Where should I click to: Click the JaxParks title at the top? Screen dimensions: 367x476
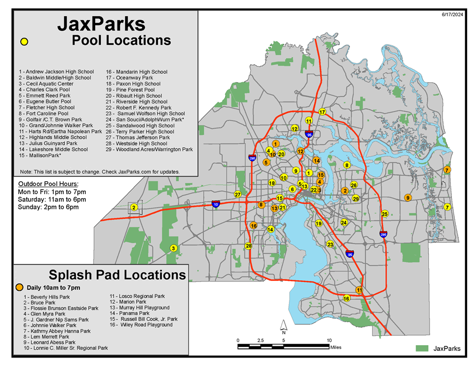pos(101,24)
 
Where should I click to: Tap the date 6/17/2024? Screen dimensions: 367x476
pos(454,15)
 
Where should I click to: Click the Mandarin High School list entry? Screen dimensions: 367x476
pos(137,72)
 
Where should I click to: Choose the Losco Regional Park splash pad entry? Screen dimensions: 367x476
pos(137,296)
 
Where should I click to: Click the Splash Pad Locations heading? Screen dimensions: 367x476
pos(117,275)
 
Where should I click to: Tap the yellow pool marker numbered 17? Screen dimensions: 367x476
pos(322,112)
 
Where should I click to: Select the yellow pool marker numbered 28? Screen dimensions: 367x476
pos(249,246)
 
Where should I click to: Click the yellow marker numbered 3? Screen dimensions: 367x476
pos(174,248)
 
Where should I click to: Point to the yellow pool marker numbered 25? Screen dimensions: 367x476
pos(385,214)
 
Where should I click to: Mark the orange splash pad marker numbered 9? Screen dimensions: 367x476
pos(408,197)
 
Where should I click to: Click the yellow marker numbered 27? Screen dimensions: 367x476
pos(237,195)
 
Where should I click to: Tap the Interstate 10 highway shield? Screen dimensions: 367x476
pos(216,204)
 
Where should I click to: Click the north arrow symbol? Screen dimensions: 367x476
pos(284,326)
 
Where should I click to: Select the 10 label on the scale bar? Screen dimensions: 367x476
pos(329,340)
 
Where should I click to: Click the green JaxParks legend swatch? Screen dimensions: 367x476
pos(422,348)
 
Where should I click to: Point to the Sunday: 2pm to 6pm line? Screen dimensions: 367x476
pos(48,206)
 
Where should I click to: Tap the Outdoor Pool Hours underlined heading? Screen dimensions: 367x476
pos(48,184)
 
